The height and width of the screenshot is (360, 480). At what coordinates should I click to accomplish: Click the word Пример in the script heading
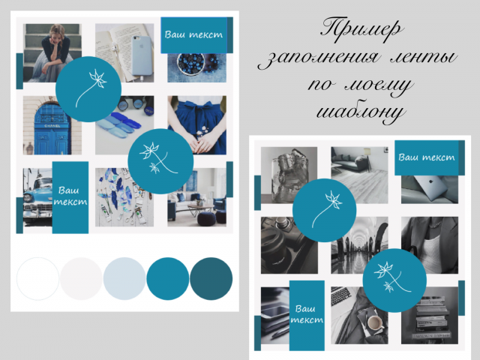(x=361, y=30)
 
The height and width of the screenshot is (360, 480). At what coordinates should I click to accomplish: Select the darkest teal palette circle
(x=211, y=278)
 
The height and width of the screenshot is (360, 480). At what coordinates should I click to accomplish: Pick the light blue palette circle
(x=124, y=278)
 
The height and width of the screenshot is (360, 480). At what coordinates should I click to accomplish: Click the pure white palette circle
(x=38, y=278)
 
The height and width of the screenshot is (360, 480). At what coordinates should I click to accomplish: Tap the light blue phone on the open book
(x=142, y=55)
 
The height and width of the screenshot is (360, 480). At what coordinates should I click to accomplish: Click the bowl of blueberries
(x=190, y=63)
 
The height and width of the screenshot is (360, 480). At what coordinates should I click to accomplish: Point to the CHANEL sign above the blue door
(x=52, y=126)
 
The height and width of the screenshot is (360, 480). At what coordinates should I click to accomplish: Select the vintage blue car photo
(x=37, y=197)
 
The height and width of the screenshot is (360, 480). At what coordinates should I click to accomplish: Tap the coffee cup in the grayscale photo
(x=375, y=323)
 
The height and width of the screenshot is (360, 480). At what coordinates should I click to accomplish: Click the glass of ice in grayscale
(x=286, y=175)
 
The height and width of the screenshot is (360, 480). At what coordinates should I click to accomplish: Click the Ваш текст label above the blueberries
(x=193, y=34)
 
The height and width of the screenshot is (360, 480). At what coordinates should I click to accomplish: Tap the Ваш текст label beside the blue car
(x=70, y=196)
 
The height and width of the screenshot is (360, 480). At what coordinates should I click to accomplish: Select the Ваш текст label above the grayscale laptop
(x=427, y=157)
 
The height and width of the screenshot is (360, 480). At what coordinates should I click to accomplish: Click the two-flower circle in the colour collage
(x=160, y=161)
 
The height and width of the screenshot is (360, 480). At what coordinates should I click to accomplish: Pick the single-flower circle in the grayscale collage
(x=324, y=210)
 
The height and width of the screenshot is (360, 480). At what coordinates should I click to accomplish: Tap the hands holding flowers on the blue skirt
(x=202, y=141)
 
